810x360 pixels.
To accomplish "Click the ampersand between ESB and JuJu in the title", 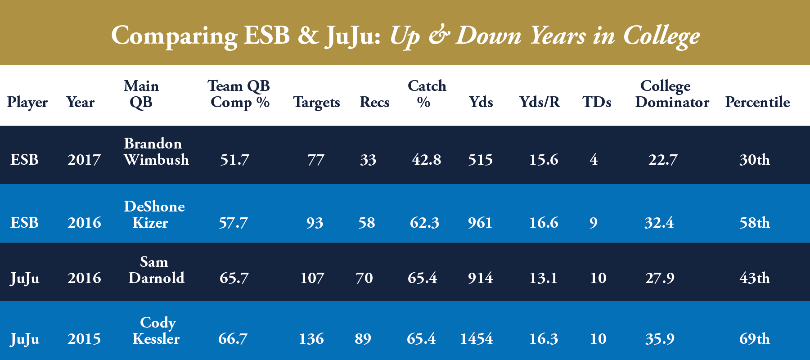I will [x=308, y=36].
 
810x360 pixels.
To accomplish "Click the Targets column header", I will [x=316, y=103].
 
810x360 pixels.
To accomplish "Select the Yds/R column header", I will [x=540, y=103].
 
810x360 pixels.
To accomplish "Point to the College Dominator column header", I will [x=671, y=94].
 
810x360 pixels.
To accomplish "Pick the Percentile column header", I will [x=757, y=103].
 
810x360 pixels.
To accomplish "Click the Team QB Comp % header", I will [x=239, y=94].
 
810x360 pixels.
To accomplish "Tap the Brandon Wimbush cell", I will [x=156, y=152].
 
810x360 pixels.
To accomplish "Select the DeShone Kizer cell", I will [x=154, y=214].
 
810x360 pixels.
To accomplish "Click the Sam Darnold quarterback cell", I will [x=156, y=270].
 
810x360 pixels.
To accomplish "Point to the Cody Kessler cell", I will [x=157, y=330].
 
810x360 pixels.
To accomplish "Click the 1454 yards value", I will [x=476, y=339].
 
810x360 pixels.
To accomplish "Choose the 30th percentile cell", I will [x=754, y=160].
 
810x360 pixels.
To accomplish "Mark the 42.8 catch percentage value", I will [x=426, y=160].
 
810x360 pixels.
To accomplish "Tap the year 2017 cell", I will [x=84, y=160].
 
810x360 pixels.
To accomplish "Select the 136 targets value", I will [x=311, y=339].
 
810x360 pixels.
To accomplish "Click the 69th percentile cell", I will [x=754, y=339].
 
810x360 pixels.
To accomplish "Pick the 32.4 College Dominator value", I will [x=659, y=223].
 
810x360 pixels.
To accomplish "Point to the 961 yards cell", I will [x=480, y=223].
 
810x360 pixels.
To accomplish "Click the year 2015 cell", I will [x=84, y=339].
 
